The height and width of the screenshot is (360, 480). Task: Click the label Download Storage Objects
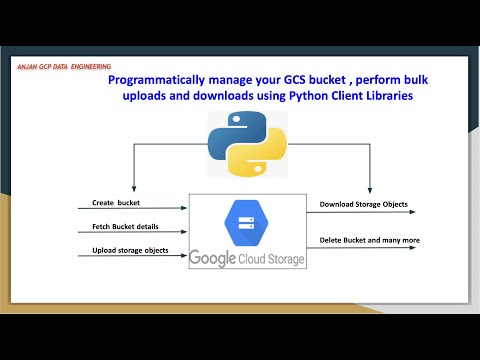tap(362, 204)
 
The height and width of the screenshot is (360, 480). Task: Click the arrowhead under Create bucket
tap(184, 210)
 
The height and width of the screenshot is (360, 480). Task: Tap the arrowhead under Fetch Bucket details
tap(184, 234)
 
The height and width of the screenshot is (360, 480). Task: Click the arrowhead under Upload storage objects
tap(184, 257)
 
